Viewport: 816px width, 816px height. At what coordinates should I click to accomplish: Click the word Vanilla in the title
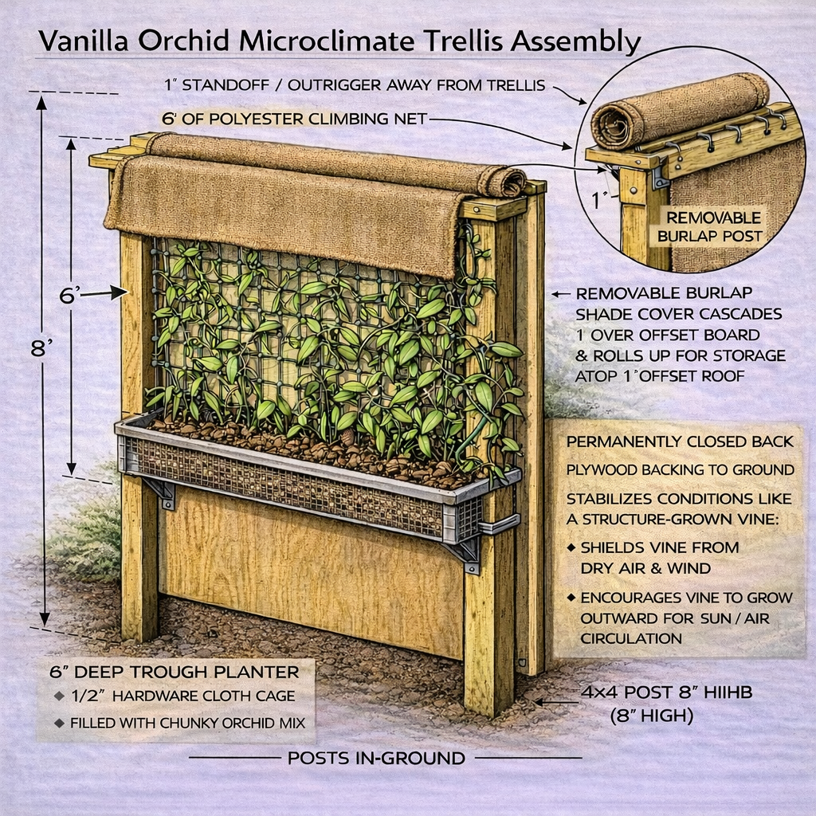pos(83,41)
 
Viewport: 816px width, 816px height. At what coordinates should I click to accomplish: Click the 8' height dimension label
pos(42,348)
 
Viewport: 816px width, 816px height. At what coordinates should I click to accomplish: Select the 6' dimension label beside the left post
pos(70,296)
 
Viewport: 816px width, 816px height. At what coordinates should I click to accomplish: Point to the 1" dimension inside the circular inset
pos(600,200)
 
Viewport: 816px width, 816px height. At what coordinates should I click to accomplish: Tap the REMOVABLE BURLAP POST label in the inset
pos(709,227)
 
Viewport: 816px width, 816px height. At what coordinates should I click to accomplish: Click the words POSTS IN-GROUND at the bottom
pos(376,758)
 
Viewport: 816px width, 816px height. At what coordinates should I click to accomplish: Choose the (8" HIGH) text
pos(652,716)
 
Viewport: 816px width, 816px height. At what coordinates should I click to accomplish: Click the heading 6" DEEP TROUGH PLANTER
pos(175,672)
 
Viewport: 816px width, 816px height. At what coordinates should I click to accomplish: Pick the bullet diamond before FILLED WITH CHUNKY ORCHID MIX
pos(59,722)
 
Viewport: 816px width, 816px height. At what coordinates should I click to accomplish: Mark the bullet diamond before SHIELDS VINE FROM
pos(571,547)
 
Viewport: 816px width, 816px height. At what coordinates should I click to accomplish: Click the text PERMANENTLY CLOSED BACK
pos(680,441)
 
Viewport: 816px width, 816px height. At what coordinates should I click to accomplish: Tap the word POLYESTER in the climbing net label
pos(254,120)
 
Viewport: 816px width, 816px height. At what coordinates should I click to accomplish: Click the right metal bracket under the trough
pos(465,555)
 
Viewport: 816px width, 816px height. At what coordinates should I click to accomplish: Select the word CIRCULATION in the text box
pos(631,638)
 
